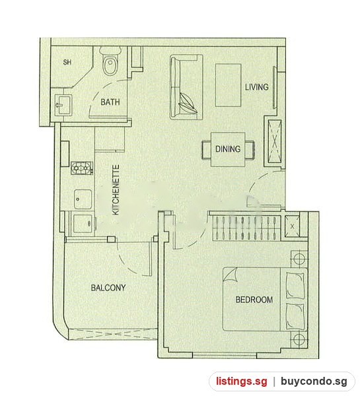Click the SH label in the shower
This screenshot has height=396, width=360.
(67, 62)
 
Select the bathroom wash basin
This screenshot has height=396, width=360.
(63, 104)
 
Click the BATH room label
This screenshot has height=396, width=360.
(110, 102)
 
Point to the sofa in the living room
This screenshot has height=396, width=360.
(186, 87)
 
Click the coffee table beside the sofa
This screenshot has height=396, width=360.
(228, 85)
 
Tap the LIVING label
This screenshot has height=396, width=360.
(256, 87)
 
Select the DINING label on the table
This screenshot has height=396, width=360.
(228, 149)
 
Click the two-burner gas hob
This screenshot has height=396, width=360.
(82, 168)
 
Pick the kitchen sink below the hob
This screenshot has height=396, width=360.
(83, 199)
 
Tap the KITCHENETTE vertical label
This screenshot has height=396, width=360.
(116, 190)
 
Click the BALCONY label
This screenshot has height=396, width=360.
(108, 288)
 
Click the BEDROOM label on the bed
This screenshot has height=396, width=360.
(254, 300)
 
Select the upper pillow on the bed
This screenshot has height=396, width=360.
(295, 285)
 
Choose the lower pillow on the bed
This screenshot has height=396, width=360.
(295, 316)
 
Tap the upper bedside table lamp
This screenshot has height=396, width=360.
(299, 259)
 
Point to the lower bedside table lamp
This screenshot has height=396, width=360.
(299, 339)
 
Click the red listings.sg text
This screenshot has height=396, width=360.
(242, 381)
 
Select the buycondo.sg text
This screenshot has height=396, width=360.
(314, 381)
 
